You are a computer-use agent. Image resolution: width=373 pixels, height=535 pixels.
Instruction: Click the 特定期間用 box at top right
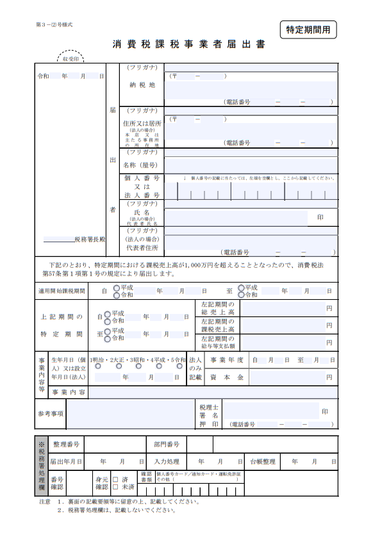[308, 29]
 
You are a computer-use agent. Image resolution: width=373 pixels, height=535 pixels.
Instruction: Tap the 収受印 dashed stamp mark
[70, 58]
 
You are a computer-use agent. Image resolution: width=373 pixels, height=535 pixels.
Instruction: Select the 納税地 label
[142, 84]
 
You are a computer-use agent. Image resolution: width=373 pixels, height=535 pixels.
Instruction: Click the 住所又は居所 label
[142, 122]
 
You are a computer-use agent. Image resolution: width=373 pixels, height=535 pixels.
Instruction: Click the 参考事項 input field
[129, 414]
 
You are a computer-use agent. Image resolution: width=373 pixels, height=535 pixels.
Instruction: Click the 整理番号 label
[66, 444]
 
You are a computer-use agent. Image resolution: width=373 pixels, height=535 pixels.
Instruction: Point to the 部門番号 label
[166, 444]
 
